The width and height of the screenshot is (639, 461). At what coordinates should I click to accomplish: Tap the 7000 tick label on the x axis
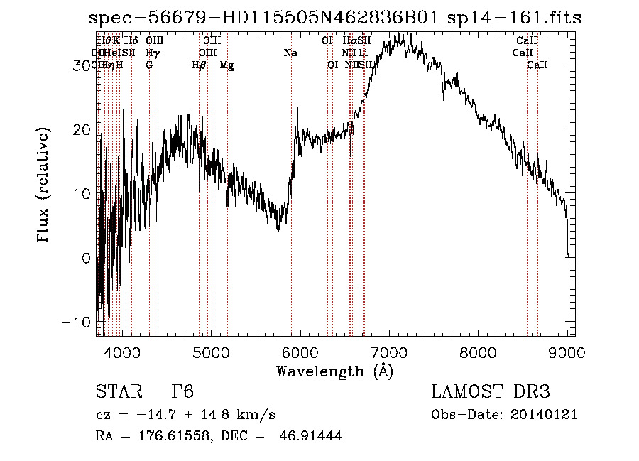pos(389,352)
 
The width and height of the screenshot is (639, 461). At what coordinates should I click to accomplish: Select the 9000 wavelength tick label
pos(567,352)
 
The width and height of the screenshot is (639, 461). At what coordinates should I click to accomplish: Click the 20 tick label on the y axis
pos(83,129)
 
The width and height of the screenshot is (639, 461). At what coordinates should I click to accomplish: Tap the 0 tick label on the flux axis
pos(87,258)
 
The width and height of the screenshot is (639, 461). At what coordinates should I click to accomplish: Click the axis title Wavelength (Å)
pos(334,371)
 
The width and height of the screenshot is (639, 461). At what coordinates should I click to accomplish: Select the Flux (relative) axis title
pos(44,187)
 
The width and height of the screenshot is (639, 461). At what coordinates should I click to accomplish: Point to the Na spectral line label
pos(290,53)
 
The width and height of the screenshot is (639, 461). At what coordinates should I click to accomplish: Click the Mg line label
pos(226,65)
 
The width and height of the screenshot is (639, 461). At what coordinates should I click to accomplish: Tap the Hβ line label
pos(200,65)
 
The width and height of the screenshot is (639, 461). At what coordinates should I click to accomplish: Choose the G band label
pos(149,65)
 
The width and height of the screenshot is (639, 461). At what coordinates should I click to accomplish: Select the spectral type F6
pos(183,392)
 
